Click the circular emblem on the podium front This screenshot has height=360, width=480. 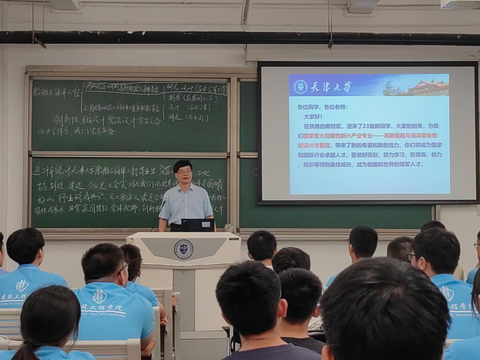tap(183, 249)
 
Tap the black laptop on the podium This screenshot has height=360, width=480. tap(197, 225)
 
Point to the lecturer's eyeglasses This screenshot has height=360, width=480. tap(184, 172)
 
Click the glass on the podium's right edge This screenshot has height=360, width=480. tap(229, 228)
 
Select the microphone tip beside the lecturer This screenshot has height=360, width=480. tap(164, 202)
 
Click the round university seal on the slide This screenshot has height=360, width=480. tap(300, 87)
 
